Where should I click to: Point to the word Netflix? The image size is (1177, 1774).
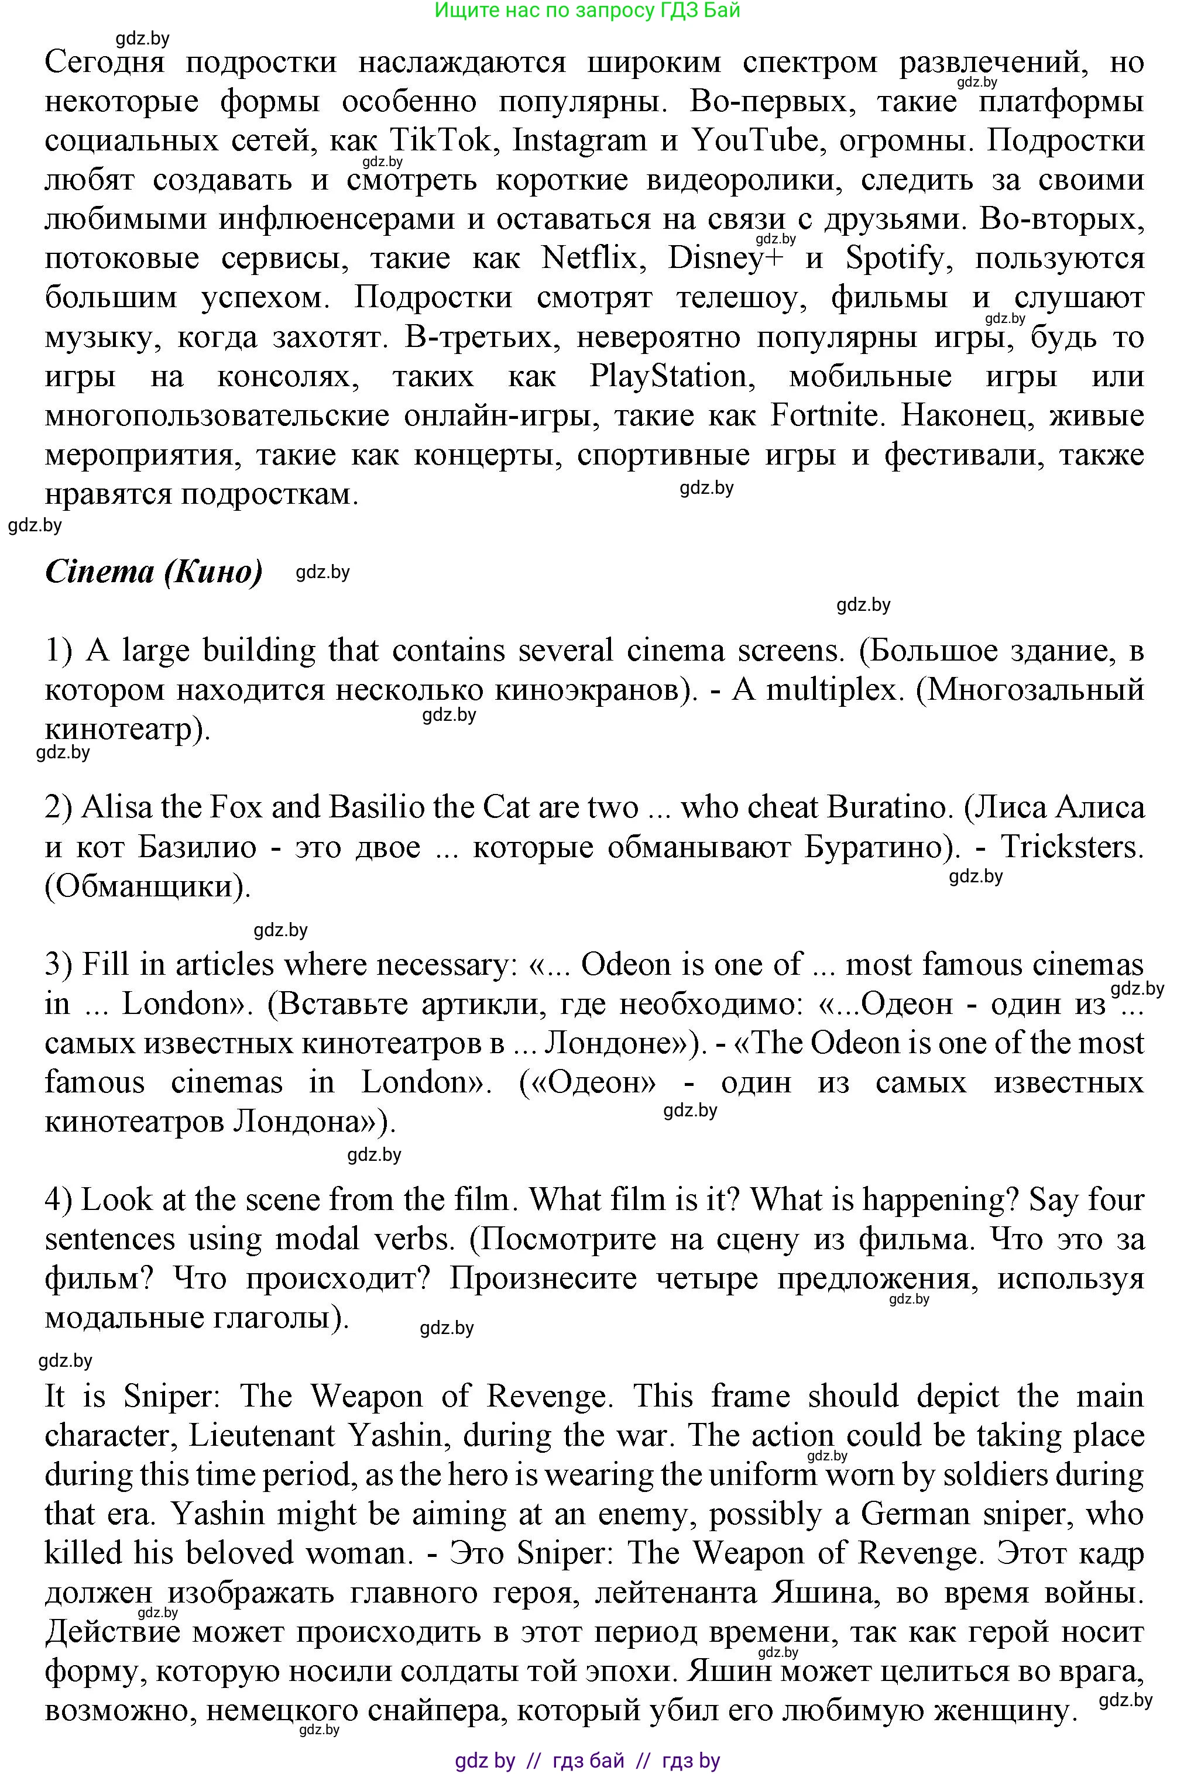pyautogui.click(x=589, y=259)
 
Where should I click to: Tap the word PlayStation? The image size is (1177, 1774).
pyautogui.click(x=670, y=377)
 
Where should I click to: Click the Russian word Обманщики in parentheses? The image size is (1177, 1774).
pyautogui.click(x=146, y=887)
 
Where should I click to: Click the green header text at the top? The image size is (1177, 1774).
pyautogui.click(x=588, y=11)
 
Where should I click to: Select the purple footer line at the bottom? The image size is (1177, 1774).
pyautogui.click(x=588, y=1761)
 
